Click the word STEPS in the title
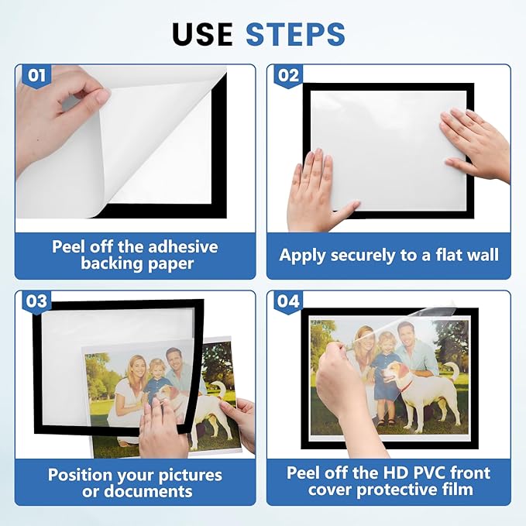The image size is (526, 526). (295, 34)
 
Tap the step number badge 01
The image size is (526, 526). (35, 75)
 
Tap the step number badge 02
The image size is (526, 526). (287, 75)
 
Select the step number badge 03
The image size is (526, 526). (36, 301)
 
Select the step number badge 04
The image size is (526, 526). (288, 301)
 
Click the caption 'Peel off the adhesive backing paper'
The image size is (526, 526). (135, 255)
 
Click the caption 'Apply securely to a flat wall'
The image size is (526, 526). (389, 255)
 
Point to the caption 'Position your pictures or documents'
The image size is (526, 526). (135, 482)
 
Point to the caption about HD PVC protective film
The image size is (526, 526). (389, 481)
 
